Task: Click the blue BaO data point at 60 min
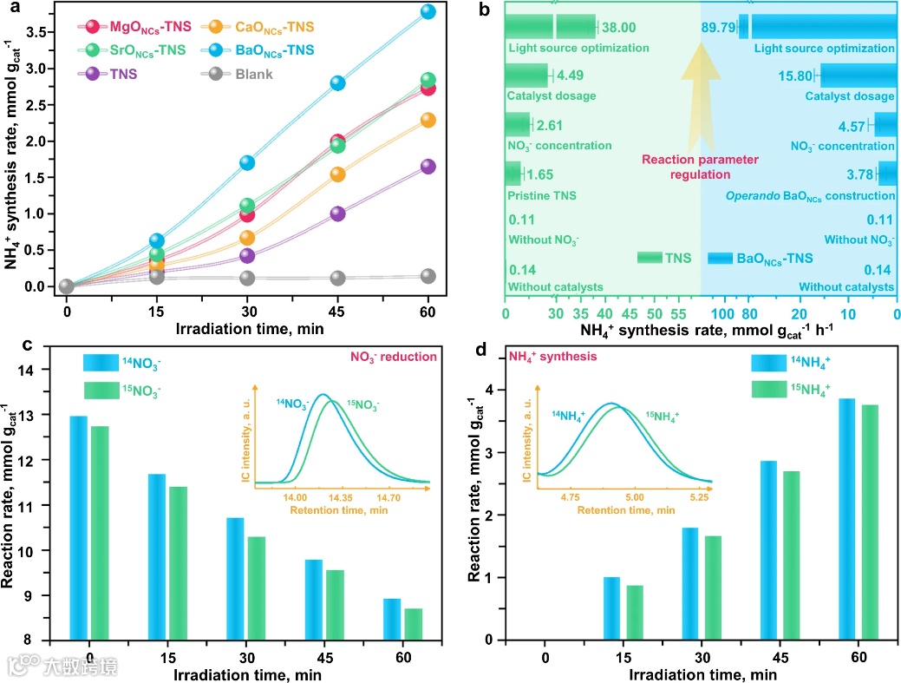pos(427,11)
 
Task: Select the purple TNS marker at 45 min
pos(337,213)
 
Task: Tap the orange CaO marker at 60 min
pos(427,120)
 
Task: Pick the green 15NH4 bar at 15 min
pos(635,613)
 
